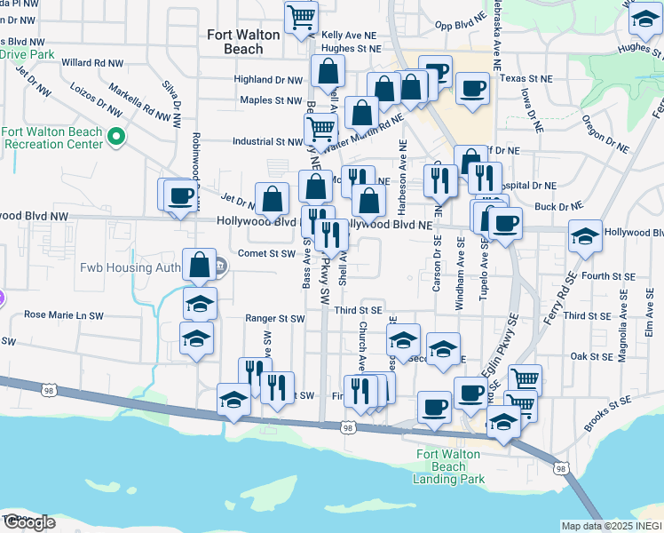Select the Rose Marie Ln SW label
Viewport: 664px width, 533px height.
[64, 314]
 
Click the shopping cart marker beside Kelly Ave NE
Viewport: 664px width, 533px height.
[301, 16]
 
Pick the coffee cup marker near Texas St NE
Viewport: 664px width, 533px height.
[472, 88]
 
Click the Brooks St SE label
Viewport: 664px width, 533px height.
[608, 412]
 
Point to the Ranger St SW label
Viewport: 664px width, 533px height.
[276, 317]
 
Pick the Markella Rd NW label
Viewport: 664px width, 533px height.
[139, 103]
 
